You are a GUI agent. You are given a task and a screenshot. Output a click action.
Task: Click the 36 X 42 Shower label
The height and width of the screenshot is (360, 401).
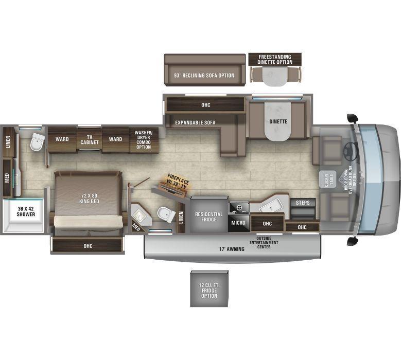[x=26, y=211]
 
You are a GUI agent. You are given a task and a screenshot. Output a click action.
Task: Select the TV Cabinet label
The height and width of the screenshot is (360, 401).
[x=89, y=139]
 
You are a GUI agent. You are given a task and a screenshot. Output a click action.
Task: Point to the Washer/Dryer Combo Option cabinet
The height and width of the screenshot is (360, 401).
[x=144, y=140]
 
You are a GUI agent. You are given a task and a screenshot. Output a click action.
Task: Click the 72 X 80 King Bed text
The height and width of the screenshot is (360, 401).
[x=89, y=199]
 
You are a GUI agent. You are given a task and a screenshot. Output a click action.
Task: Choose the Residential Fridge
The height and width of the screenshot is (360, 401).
[x=209, y=214]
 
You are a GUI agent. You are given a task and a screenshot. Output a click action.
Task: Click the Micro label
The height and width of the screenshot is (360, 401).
[x=238, y=223]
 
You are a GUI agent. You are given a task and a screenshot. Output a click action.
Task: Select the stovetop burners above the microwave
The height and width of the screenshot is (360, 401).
[x=239, y=207]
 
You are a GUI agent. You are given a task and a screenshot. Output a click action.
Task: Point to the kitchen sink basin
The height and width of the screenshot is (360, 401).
[x=272, y=205]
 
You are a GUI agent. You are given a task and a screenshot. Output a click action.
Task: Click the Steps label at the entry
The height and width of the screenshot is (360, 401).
[x=303, y=203]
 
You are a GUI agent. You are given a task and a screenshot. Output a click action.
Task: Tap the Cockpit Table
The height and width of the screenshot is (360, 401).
[x=328, y=179]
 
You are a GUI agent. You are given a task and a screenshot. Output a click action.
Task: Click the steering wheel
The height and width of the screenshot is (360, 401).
[x=350, y=148]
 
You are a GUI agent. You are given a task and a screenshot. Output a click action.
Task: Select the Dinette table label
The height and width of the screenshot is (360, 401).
[x=278, y=121]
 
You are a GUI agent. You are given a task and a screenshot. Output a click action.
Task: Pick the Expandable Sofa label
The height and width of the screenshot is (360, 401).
[x=195, y=122]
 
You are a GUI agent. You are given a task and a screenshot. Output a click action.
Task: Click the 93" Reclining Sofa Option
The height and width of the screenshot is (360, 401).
[x=204, y=70]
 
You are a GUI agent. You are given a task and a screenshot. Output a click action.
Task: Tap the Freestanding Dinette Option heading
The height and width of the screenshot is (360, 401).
[x=275, y=59]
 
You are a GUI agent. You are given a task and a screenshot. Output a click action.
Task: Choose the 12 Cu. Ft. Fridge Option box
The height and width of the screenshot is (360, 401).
[x=209, y=289]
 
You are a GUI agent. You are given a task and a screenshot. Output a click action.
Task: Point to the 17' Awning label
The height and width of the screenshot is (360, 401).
[x=232, y=249]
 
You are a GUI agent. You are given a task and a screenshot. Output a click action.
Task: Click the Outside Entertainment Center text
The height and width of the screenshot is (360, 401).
[x=264, y=242]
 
